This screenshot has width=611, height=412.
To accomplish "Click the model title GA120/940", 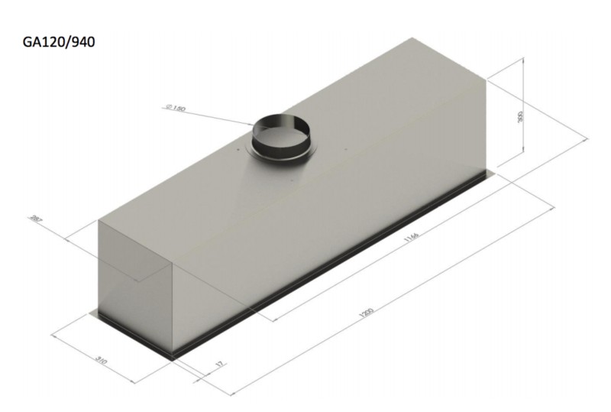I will pos(59,43).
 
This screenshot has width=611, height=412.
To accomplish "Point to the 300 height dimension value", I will pos(520,117).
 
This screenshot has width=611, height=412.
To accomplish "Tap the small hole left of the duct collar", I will pos(239,151).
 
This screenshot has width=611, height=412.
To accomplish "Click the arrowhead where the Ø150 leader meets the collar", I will pos(255,125).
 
